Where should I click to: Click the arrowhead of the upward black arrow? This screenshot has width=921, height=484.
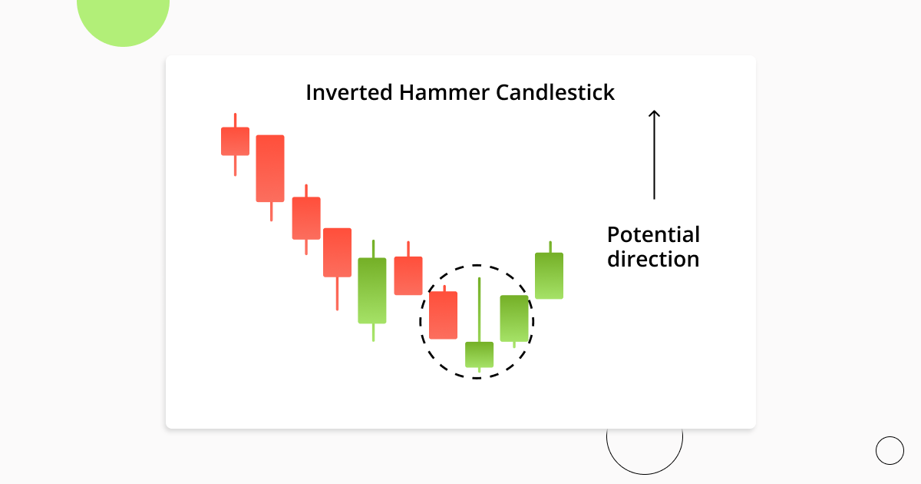pos(654,114)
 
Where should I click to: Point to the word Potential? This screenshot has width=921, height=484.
pos(653,234)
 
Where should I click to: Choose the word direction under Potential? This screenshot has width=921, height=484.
pos(653,259)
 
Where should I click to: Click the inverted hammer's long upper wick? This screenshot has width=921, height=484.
pos(479,307)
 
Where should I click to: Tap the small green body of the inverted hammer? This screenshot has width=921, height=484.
pos(479,354)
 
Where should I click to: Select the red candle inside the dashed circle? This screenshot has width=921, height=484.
pos(443,315)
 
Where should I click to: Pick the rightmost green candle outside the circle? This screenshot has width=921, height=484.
pos(549,275)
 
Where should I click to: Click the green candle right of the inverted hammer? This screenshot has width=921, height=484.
pos(514,318)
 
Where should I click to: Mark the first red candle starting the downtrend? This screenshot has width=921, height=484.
pos(235,141)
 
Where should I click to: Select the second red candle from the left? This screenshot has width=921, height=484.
pos(270,168)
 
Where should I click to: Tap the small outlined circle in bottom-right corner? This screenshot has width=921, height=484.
pos(890,450)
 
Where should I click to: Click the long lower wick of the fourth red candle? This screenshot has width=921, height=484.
pos(337,293)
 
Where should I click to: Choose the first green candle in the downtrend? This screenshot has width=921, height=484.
pos(372,290)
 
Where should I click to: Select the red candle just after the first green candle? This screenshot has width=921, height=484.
pos(408,275)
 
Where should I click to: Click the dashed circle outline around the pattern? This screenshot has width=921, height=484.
pos(421,321)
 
